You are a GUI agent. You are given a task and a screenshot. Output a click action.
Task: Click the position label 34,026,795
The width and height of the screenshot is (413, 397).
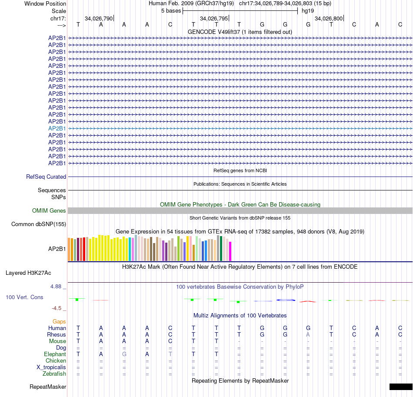213,18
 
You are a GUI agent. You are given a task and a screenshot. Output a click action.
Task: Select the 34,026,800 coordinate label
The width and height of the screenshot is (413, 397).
329,18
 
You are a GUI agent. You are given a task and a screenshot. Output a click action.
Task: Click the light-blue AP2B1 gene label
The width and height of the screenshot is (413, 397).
57,128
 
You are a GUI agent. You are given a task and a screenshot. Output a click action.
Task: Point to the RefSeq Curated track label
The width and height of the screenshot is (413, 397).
46,177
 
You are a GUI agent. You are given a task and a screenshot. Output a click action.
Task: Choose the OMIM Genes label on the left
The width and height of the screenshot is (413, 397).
49,211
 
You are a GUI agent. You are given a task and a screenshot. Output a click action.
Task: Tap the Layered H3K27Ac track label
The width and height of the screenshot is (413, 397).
28,273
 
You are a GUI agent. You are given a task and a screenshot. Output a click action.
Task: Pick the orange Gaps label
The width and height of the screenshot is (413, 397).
59,321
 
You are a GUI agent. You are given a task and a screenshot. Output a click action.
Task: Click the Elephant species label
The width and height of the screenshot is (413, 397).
55,354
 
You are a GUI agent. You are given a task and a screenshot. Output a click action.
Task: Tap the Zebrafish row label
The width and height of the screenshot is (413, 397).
54,374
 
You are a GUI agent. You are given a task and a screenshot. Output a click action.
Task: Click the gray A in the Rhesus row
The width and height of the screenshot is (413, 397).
308,335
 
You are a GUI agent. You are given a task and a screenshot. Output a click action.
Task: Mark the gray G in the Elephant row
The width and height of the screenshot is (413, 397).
124,354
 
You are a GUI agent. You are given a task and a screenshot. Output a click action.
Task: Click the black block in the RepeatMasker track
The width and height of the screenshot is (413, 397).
400,387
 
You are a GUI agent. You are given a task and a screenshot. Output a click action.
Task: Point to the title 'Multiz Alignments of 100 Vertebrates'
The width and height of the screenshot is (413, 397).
240,315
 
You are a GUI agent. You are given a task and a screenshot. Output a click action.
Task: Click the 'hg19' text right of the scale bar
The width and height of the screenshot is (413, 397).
308,10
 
